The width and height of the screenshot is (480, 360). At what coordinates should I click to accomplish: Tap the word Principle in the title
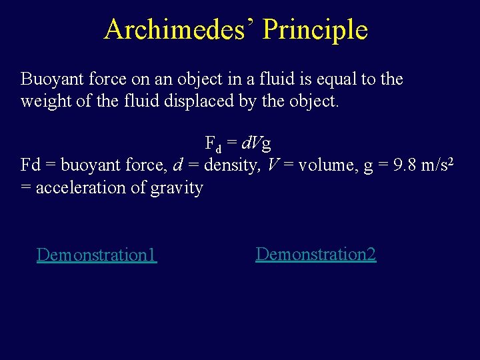click(x=315, y=29)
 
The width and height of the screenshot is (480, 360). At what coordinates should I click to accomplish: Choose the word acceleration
click(x=78, y=188)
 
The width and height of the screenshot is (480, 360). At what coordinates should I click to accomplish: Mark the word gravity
click(x=177, y=188)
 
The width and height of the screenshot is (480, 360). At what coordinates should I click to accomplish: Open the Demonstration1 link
click(x=97, y=255)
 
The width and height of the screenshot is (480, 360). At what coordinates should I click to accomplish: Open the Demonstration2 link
click(x=316, y=254)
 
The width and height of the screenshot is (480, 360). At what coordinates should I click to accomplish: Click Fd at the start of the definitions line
click(x=31, y=165)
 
